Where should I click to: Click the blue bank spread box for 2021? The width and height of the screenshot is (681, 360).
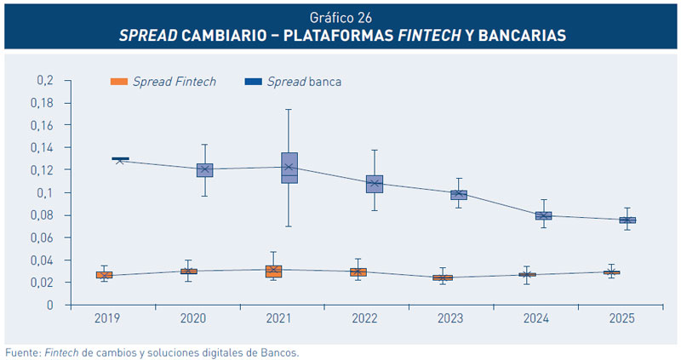click(289, 168)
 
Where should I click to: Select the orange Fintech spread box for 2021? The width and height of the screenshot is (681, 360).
click(273, 271)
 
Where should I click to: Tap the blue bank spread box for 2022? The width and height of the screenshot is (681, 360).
click(374, 184)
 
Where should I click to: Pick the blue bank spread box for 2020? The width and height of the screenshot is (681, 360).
click(204, 170)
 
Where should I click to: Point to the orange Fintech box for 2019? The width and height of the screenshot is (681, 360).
click(104, 275)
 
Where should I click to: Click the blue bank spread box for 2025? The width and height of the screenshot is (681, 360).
click(627, 220)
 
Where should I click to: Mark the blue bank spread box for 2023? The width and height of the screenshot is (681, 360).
click(458, 195)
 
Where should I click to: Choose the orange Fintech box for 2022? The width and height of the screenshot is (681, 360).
click(358, 272)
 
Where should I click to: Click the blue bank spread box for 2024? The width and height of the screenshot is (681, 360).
click(543, 215)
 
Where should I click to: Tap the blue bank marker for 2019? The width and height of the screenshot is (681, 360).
click(120, 158)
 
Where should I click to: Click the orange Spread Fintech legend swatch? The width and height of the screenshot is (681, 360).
click(119, 82)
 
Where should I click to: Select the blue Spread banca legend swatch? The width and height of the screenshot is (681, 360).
click(254, 82)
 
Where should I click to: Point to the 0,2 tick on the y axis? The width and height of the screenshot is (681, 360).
click(44, 80)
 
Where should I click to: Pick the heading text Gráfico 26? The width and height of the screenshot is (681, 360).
click(340, 15)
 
